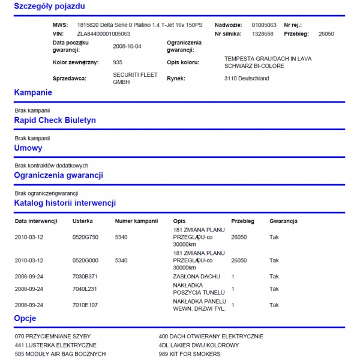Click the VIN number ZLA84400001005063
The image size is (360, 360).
[x=104, y=34]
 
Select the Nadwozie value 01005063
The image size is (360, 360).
[x=264, y=25]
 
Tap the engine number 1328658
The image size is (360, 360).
[x=263, y=34]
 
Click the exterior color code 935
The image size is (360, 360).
[x=118, y=62]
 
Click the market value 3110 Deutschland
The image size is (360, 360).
[x=247, y=79]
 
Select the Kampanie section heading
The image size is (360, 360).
[x=33, y=92]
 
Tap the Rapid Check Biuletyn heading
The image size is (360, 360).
[x=55, y=120]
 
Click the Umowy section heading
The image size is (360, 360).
[x=28, y=148]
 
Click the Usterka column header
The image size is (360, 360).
[x=83, y=221]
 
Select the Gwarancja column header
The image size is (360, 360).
[x=283, y=221]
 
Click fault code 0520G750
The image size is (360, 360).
[x=85, y=237]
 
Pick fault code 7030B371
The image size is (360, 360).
[x=85, y=277]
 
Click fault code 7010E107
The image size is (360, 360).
[x=85, y=305]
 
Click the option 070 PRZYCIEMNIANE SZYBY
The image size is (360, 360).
[x=53, y=337]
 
